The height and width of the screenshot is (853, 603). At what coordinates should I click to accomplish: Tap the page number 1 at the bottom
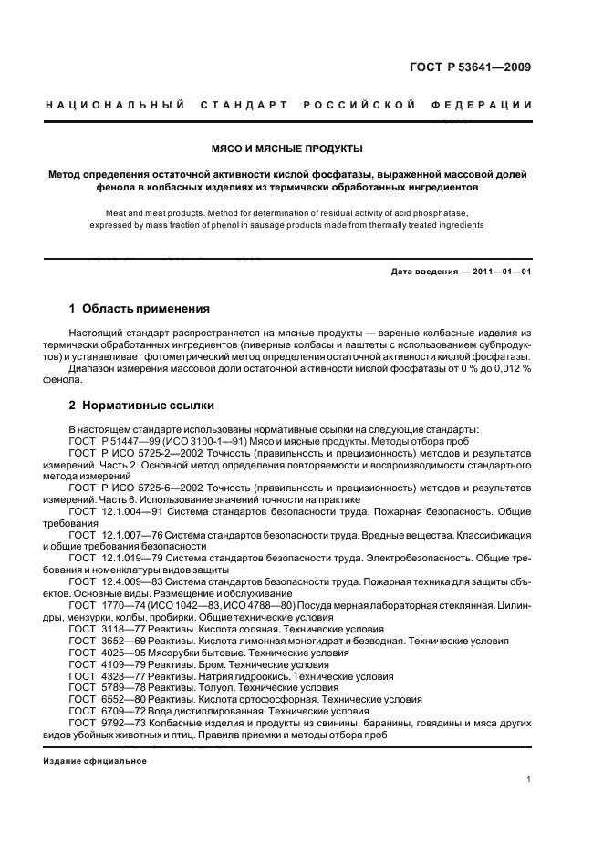coord(529,779)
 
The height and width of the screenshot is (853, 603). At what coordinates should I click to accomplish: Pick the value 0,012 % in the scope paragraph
coord(512,369)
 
